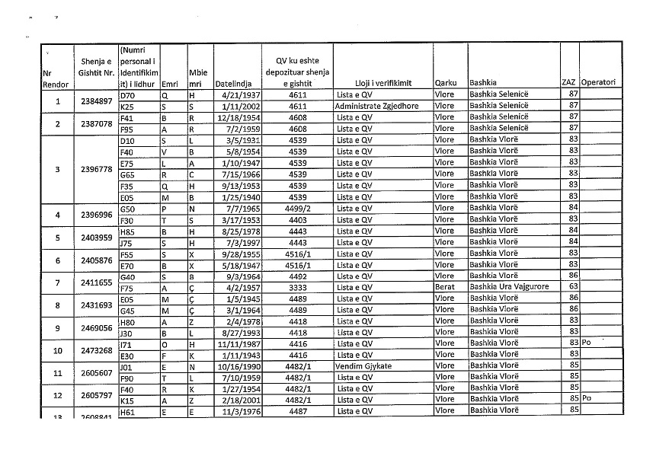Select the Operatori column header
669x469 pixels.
tap(597, 83)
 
